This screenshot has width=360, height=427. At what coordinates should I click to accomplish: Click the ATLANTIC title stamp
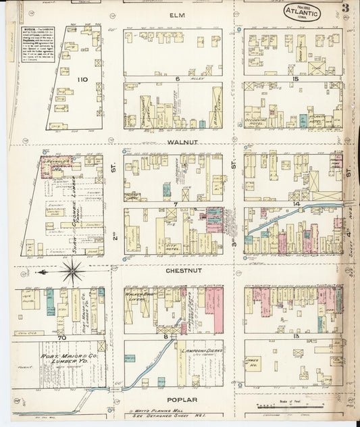[x=298, y=11]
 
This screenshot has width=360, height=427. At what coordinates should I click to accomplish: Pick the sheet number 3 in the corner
[x=345, y=9]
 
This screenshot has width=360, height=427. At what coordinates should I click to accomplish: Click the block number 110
[x=82, y=80]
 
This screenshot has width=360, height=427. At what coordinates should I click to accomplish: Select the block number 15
[x=295, y=79]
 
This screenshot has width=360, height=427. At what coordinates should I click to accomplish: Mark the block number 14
[x=296, y=203]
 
